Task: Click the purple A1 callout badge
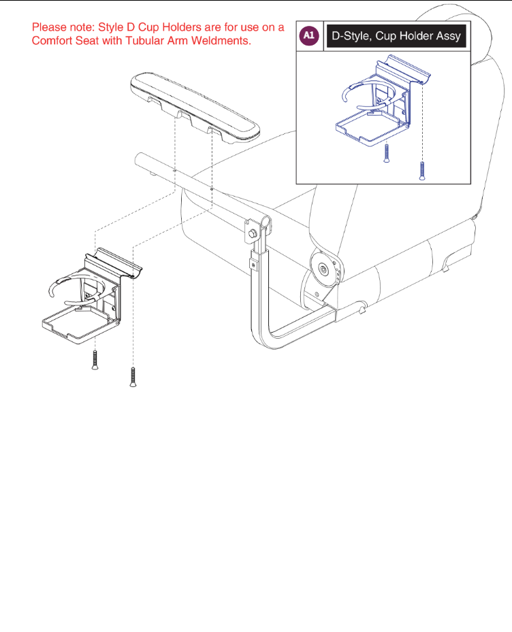point(310,36)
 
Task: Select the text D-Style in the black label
point(353,36)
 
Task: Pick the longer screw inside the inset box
point(423,170)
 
